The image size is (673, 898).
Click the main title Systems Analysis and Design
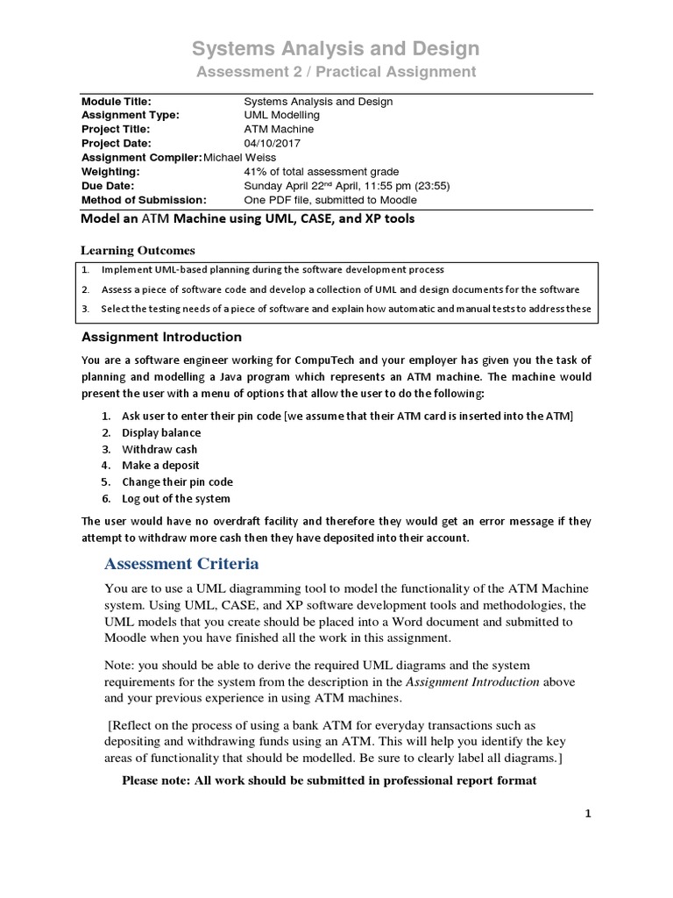pyautogui.click(x=336, y=47)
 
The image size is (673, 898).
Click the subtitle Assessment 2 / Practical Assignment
pyautogui.click(x=336, y=72)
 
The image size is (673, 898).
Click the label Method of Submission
pyautogui.click(x=144, y=199)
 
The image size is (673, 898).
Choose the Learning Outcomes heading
pyautogui.click(x=138, y=251)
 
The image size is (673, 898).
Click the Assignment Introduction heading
pyautogui.click(x=161, y=337)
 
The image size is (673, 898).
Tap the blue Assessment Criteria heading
pyautogui.click(x=181, y=562)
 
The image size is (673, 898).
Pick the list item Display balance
pyautogui.click(x=161, y=432)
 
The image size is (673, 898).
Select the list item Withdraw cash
pyautogui.click(x=159, y=449)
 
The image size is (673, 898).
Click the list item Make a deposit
pyautogui.click(x=160, y=466)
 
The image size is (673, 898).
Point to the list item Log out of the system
pyautogui.click(x=177, y=498)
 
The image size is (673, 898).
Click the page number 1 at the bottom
pyautogui.click(x=589, y=814)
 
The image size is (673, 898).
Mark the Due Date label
pyautogui.click(x=110, y=185)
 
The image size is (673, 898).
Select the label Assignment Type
pyautogui.click(x=130, y=115)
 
